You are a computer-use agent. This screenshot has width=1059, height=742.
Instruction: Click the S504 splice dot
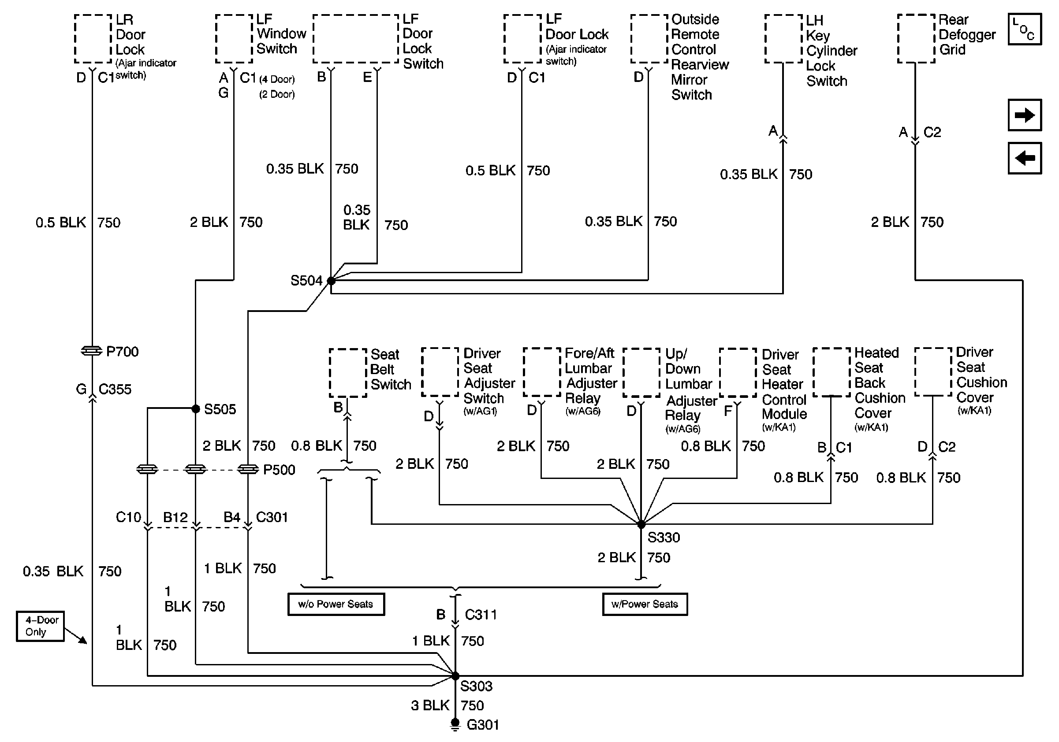click(331, 280)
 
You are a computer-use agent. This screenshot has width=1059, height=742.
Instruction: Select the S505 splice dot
click(196, 408)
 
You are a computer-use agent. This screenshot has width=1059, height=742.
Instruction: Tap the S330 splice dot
click(641, 524)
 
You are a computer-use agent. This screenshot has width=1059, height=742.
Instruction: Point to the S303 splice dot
click(455, 676)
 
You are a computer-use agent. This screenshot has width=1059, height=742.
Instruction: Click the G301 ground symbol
click(455, 724)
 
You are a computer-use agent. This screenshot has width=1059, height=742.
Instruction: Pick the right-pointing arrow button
click(1025, 115)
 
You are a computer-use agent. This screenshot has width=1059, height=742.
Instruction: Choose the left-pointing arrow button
click(1025, 158)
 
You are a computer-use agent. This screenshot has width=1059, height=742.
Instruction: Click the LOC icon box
click(1025, 29)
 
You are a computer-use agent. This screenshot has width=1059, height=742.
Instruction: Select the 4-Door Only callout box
click(40, 626)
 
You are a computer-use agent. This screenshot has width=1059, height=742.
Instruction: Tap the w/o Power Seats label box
click(336, 604)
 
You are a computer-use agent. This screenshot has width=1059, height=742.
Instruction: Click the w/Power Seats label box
click(645, 604)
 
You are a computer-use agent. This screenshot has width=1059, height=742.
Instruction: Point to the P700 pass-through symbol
click(92, 351)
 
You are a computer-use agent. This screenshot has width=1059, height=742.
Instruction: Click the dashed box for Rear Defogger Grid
click(916, 39)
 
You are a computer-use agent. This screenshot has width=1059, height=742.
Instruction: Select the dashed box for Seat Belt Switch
click(348, 373)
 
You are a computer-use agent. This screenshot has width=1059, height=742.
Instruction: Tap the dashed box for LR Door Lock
click(93, 39)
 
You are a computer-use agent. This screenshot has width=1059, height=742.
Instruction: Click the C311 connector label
click(481, 614)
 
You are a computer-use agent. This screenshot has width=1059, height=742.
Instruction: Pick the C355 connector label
click(115, 390)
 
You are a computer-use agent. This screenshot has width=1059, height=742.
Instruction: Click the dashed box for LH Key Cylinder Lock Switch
click(783, 39)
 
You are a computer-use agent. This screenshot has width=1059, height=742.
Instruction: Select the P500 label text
click(279, 470)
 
